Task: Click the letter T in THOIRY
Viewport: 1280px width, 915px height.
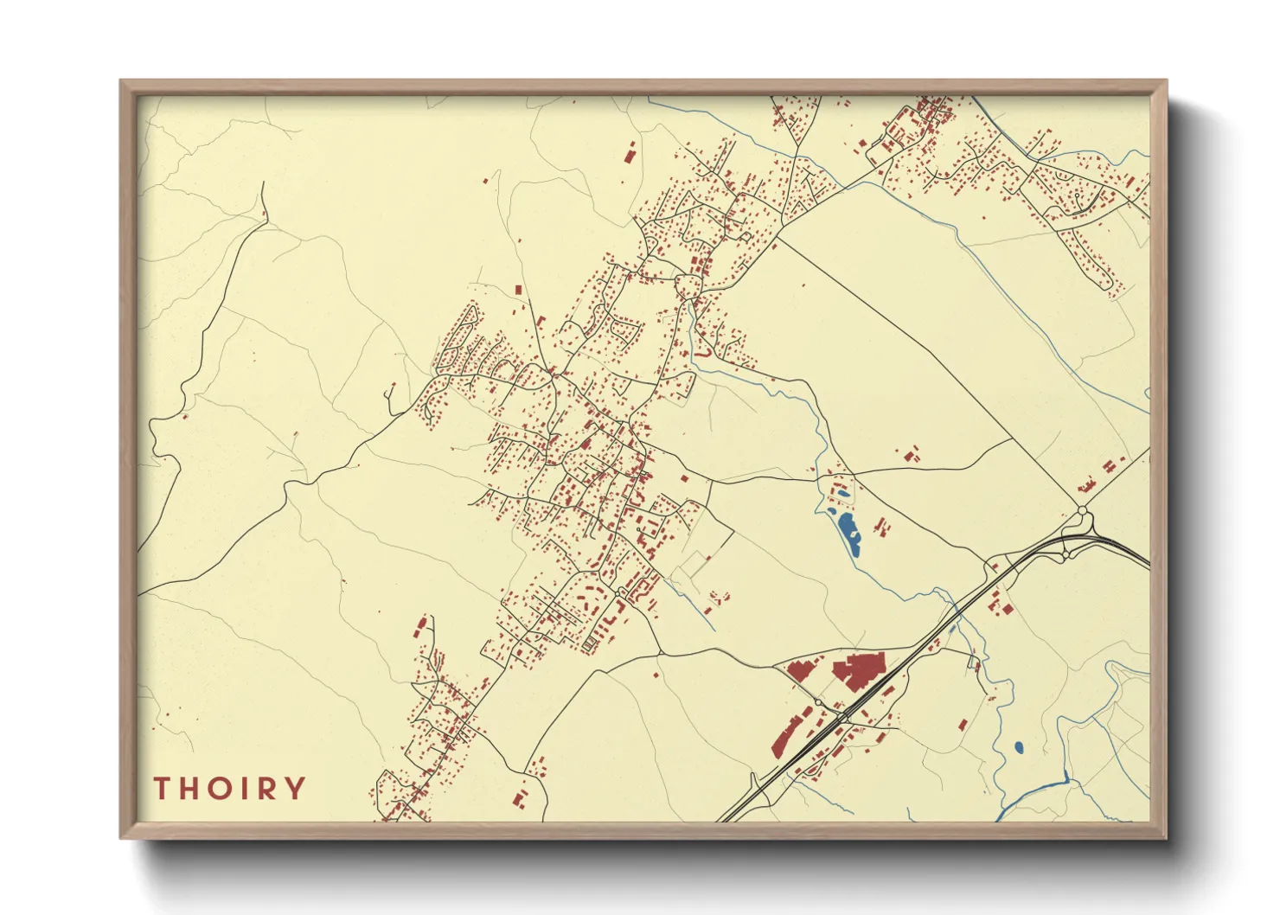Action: coord(162,788)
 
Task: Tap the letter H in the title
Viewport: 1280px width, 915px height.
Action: coord(190,788)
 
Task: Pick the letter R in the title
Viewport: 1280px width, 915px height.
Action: coord(267,788)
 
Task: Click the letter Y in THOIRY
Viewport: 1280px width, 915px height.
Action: coord(296,788)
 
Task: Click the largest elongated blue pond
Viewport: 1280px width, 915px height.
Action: coord(848,531)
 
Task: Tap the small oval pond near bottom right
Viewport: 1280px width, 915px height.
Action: coord(1018,746)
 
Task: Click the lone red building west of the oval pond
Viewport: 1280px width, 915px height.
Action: coord(963,725)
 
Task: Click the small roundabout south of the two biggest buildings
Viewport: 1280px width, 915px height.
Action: coord(817,702)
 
